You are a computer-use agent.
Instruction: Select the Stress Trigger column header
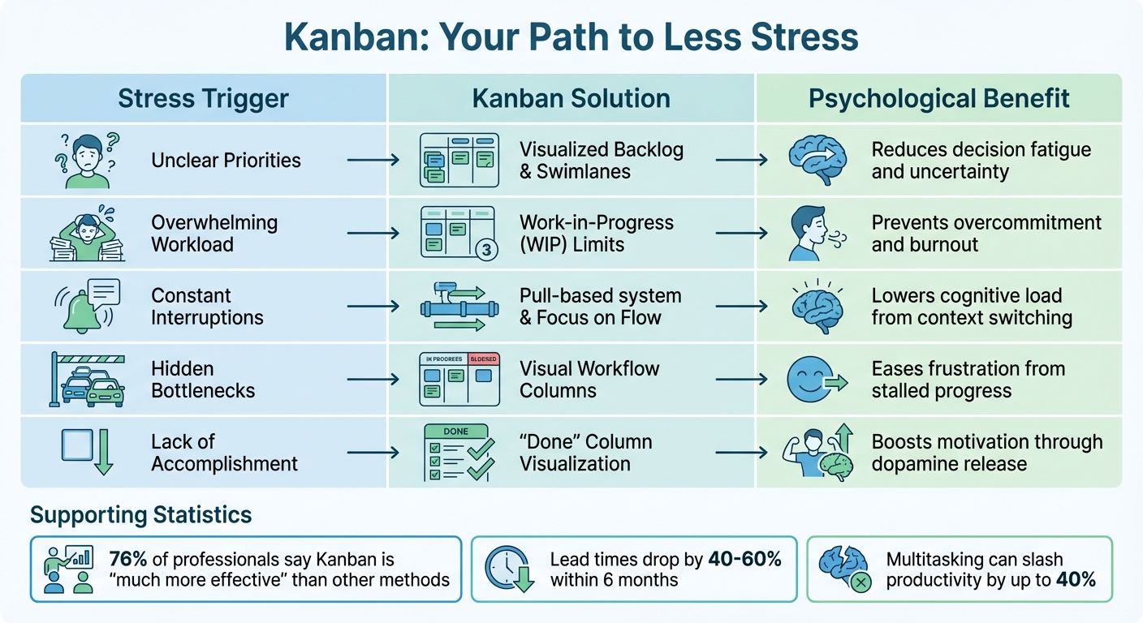point(203,99)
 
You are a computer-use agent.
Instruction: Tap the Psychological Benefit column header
point(938,99)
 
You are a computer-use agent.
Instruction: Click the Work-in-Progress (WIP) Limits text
point(597,234)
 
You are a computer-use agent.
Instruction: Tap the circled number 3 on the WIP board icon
point(486,250)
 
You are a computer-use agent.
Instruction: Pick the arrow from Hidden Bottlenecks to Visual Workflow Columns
point(373,380)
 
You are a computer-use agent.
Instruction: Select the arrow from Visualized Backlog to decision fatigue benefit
point(740,161)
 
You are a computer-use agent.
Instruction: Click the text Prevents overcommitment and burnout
point(986,234)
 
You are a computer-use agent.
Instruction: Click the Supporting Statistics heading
point(141,514)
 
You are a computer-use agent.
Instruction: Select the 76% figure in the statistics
point(127,559)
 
